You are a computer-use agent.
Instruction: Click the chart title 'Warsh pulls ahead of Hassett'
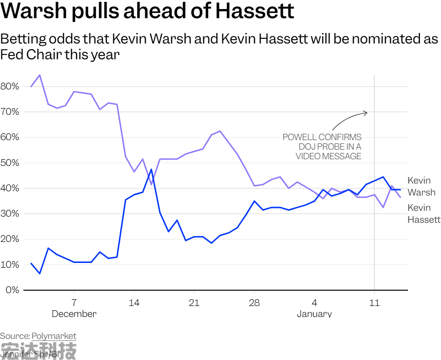tap(147, 11)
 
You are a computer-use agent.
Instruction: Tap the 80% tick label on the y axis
tap(10, 87)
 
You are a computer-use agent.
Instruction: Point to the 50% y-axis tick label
tap(10, 163)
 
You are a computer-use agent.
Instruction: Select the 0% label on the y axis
tap(11, 290)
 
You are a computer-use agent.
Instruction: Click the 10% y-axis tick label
tap(10, 265)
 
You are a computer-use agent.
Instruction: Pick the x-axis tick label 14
tap(134, 303)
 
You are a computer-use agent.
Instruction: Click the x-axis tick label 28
tap(254, 303)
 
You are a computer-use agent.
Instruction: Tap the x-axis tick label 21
tap(194, 303)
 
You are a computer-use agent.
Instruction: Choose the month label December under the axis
tap(74, 314)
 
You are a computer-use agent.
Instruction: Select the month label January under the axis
tap(314, 314)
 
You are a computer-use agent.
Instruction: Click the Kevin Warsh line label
tap(421, 186)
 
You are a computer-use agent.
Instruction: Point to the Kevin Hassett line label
tap(423, 214)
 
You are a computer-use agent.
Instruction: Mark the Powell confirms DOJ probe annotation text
tap(322, 147)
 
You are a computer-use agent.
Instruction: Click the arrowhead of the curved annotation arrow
tap(366, 113)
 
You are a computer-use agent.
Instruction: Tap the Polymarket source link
tap(54, 336)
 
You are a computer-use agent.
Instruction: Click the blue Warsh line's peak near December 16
tap(151, 169)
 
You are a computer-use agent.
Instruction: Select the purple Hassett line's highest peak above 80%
tap(40, 75)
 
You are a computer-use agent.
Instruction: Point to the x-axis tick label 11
tap(375, 303)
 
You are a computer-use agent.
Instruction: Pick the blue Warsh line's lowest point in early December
tap(40, 273)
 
